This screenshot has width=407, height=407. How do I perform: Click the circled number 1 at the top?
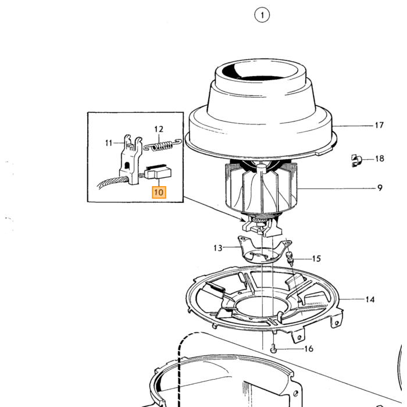coord(262,15)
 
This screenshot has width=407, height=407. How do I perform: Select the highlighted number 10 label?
coord(159,192)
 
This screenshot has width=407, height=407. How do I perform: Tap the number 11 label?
coord(109,143)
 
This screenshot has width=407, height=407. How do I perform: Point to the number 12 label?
coord(159,129)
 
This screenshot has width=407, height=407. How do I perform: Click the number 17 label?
coord(379,126)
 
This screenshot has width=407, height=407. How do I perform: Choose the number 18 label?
coord(380,158)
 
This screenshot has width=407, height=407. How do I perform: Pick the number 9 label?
coord(380,188)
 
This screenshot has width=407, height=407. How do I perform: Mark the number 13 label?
coord(218,248)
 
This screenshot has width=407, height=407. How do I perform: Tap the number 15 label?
coord(316,259)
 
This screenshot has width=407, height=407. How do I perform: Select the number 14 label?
coord(370,299)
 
